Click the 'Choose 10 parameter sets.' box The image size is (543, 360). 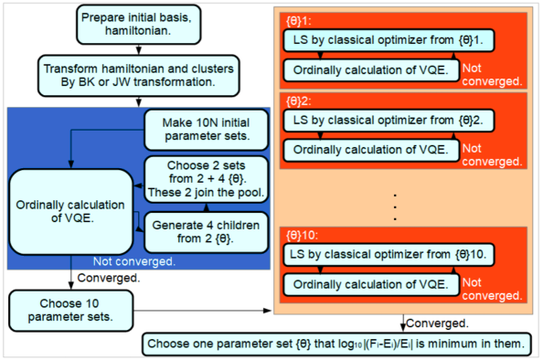click(x=69, y=306)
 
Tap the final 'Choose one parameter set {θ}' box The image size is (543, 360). click(x=335, y=344)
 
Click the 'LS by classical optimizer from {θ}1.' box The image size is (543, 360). click(x=388, y=40)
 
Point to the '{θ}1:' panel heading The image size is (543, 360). click(x=299, y=19)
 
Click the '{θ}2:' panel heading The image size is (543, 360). click(x=299, y=99)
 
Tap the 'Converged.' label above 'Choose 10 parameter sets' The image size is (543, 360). click(x=108, y=277)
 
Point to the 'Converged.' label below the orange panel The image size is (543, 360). click(x=438, y=323)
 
